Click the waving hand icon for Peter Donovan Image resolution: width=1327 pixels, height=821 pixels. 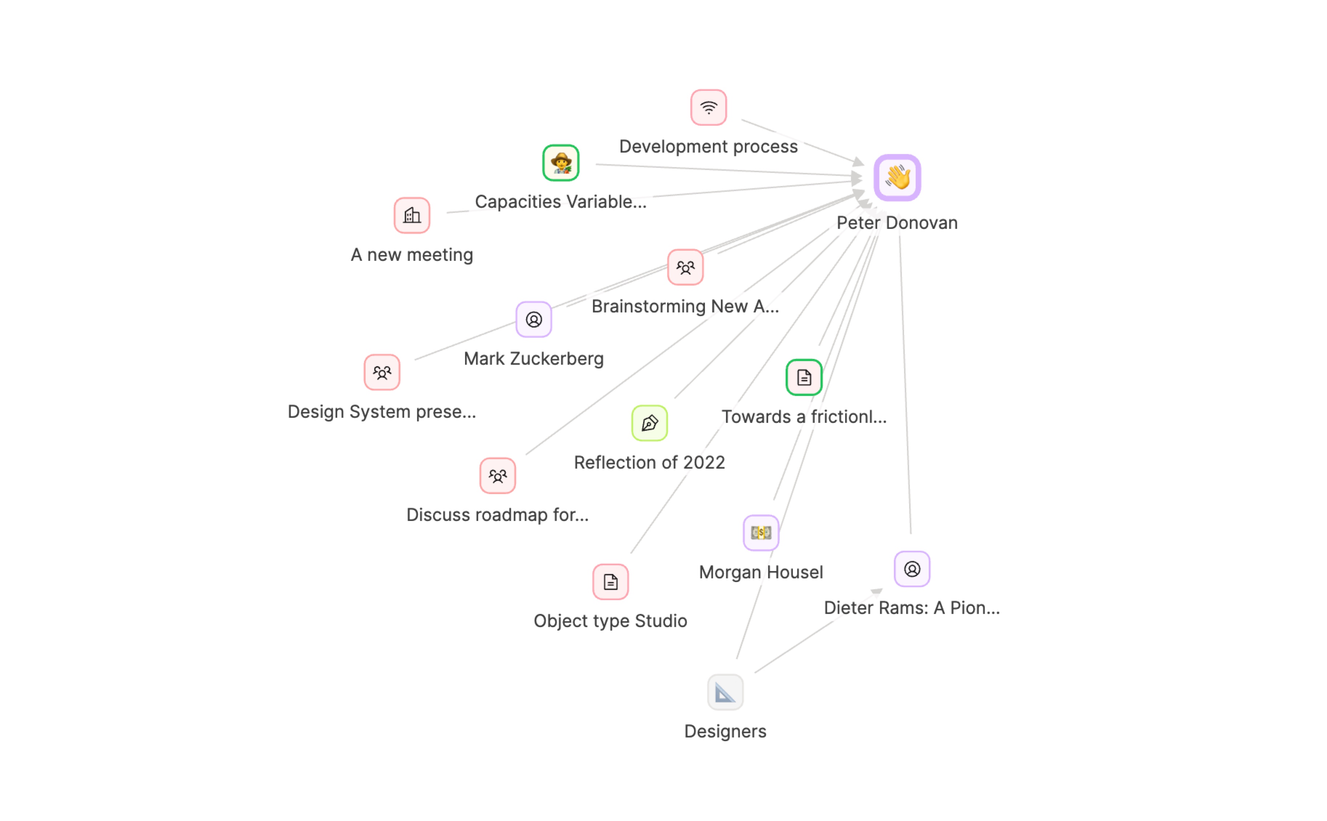pyautogui.click(x=897, y=178)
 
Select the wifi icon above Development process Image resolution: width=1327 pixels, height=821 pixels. pyautogui.click(x=708, y=108)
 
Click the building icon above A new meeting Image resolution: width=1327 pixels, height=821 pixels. pyautogui.click(x=412, y=215)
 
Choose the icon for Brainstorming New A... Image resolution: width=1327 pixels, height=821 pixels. pyautogui.click(x=685, y=267)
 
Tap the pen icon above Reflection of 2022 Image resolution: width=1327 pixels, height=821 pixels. pyautogui.click(x=649, y=423)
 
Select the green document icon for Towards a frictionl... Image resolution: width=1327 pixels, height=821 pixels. pyautogui.click(x=804, y=377)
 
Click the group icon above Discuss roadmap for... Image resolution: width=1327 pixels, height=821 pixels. pyautogui.click(x=497, y=476)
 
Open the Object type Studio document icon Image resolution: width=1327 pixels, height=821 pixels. pyautogui.click(x=610, y=582)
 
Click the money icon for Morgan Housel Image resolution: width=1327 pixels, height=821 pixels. pyautogui.click(x=761, y=533)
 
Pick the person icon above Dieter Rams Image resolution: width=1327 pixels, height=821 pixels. pyautogui.click(x=912, y=569)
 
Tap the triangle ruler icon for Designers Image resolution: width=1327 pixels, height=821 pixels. pyautogui.click(x=725, y=692)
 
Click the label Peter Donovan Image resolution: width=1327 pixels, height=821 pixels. pyautogui.click(x=897, y=223)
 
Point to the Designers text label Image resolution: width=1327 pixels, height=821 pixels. pyautogui.click(x=725, y=731)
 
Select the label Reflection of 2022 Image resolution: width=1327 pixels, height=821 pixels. pyautogui.click(x=649, y=462)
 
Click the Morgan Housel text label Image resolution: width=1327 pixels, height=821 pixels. pyautogui.click(x=761, y=572)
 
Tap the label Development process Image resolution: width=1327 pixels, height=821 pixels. pyautogui.click(x=708, y=147)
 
